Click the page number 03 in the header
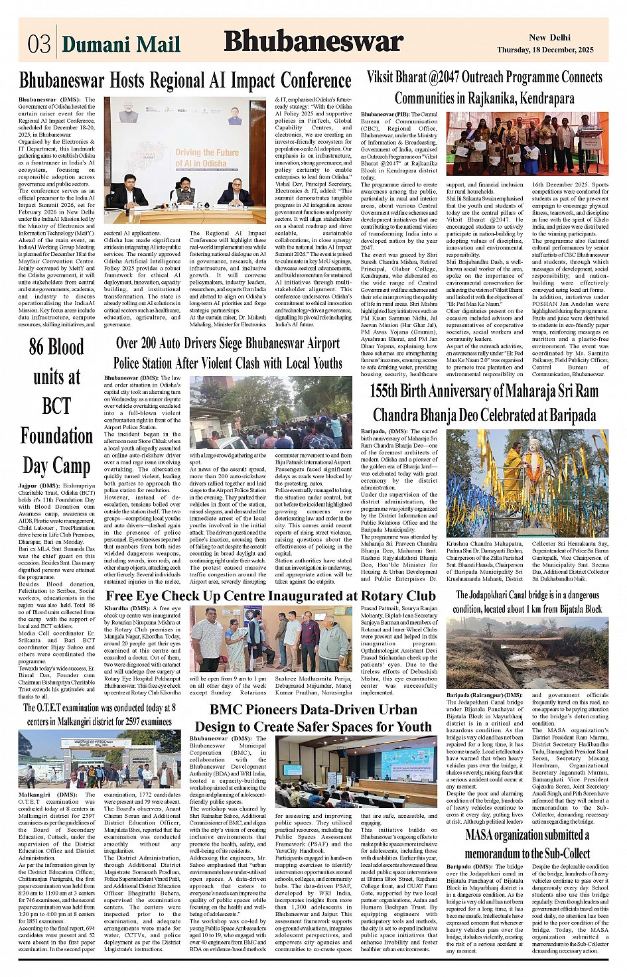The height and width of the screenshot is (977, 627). click(x=39, y=44)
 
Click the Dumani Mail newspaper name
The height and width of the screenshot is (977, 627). click(x=121, y=44)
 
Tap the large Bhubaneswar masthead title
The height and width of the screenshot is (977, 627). click(x=313, y=41)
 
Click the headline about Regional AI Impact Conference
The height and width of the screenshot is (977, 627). click(x=185, y=81)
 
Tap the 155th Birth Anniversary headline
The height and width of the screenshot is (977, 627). click(x=484, y=403)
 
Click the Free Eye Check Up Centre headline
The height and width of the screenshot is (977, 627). click(x=271, y=596)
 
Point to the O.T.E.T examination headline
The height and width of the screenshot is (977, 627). click(x=100, y=714)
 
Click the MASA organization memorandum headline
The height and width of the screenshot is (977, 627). click(x=527, y=844)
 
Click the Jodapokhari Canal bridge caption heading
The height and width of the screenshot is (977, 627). click(x=527, y=602)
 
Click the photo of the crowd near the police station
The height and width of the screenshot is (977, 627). click(x=271, y=413)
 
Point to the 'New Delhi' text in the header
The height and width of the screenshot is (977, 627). click(x=549, y=37)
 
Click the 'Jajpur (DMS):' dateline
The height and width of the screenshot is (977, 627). click(x=40, y=486)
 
